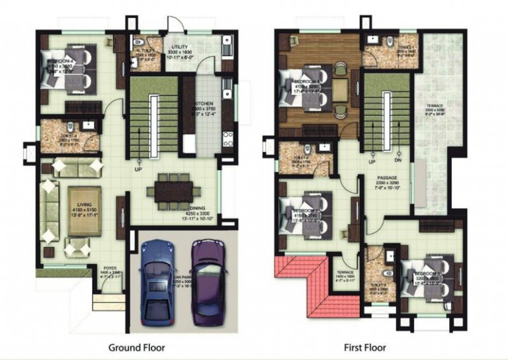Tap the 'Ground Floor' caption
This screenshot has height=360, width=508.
click(136, 347)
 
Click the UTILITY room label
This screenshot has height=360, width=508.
click(181, 47)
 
